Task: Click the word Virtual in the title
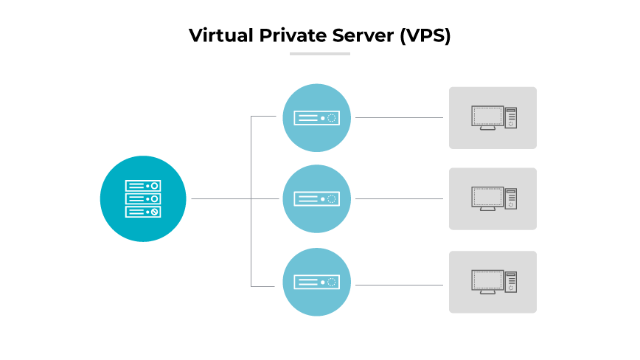point(215,35)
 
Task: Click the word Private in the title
point(284,35)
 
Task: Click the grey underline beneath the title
point(319,53)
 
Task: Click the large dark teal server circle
point(143,198)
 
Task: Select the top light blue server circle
point(316,117)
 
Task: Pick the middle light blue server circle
point(316,198)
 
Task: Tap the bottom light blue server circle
point(316,282)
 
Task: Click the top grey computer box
point(493,117)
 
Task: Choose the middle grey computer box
point(493,198)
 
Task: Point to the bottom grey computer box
point(493,282)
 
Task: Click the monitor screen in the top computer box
point(487,116)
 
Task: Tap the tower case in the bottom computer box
point(510,282)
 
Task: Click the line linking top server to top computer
point(399,117)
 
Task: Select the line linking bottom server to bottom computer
point(399,285)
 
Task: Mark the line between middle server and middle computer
point(399,198)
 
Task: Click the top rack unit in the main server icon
point(143,186)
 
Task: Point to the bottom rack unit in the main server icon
point(143,212)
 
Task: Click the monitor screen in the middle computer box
point(487,197)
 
